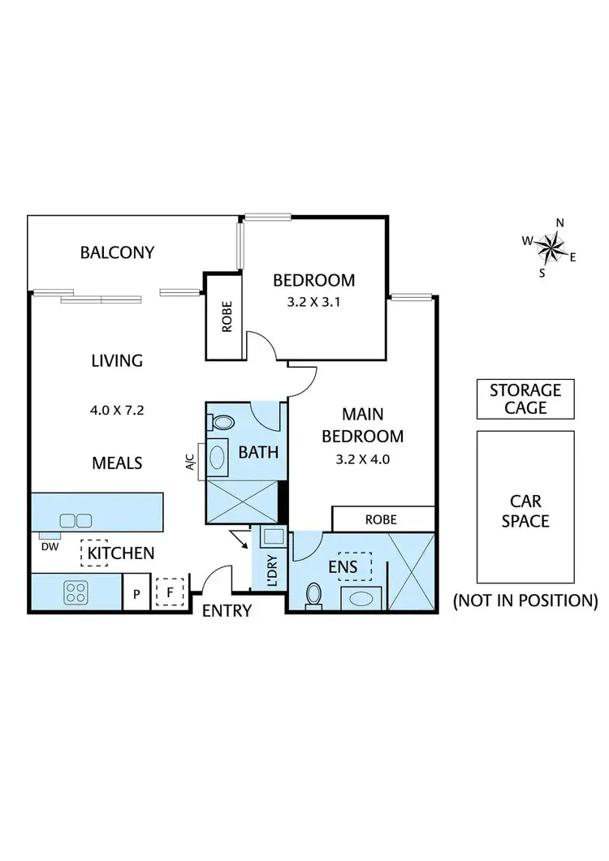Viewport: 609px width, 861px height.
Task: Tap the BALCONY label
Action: point(117,252)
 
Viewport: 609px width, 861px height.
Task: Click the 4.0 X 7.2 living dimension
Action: point(117,410)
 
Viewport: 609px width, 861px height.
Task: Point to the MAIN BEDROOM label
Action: point(362,426)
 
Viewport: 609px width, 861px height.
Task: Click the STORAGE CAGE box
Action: point(525,399)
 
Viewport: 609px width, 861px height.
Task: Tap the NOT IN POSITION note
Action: point(525,601)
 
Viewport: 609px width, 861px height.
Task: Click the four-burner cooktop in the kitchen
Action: point(76,593)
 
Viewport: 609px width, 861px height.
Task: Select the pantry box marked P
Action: point(136,594)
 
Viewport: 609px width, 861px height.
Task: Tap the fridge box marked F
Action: point(170,592)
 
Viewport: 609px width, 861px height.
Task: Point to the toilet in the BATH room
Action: point(221,422)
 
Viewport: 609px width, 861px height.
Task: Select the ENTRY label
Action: point(227,611)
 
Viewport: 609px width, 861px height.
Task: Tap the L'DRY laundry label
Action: point(272,570)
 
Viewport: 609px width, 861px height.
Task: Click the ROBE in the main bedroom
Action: point(380,518)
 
